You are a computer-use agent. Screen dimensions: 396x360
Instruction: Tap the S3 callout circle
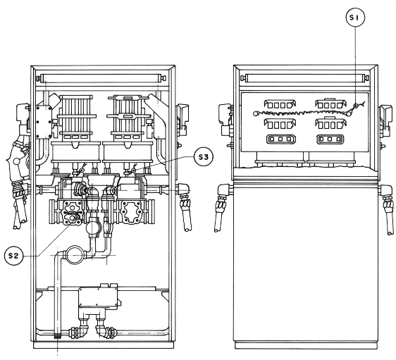(204, 157)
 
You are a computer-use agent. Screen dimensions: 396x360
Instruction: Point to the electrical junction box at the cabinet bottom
(98, 297)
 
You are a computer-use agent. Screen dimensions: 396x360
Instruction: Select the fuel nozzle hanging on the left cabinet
(18, 164)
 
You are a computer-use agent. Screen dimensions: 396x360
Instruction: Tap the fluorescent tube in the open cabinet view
(101, 78)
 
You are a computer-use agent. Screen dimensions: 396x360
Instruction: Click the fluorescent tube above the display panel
(305, 78)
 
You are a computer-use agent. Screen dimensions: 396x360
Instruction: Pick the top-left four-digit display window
(280, 104)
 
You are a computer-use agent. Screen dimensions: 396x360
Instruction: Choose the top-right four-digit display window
(330, 104)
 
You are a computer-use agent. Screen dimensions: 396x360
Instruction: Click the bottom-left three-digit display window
(281, 139)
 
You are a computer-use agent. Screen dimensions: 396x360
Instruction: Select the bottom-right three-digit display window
(330, 139)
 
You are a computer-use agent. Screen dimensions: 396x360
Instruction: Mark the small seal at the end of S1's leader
(355, 106)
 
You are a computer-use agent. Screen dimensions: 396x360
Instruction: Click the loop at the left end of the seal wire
(255, 113)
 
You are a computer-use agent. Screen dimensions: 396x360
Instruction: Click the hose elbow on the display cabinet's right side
(386, 191)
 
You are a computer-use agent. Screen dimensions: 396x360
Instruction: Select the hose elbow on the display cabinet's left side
(224, 191)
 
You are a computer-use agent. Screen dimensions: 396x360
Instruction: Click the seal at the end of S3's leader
(134, 170)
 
